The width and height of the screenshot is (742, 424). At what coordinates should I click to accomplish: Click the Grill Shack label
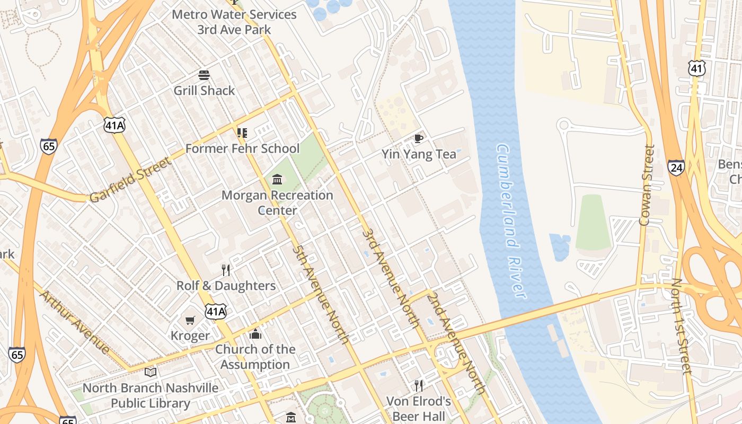204,91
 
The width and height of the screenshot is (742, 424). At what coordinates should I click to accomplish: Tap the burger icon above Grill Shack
204,75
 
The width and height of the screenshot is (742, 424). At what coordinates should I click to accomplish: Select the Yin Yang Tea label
419,154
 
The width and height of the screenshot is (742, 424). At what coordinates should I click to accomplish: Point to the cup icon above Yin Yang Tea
419,139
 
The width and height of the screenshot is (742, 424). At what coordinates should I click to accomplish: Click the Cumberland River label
511,220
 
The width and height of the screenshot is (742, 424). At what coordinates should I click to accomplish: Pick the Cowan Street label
647,185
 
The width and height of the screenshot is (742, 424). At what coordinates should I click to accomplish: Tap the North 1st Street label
681,326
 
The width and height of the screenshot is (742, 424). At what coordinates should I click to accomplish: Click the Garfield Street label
130,180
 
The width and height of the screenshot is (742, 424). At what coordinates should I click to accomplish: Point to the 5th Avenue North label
321,294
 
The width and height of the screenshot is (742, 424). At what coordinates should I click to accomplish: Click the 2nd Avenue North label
456,343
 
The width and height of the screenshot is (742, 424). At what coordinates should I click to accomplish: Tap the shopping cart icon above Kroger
190,320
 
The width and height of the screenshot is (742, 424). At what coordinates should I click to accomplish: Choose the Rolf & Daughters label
226,286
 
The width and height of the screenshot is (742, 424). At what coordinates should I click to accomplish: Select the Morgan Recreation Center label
277,202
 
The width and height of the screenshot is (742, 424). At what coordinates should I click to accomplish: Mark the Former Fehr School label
242,148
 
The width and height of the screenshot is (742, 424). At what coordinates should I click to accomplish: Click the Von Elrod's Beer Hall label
419,408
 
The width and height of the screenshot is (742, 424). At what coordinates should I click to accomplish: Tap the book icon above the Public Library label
151,372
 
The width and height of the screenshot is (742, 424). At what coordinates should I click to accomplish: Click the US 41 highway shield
697,68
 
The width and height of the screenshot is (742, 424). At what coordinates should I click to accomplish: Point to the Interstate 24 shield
676,167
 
